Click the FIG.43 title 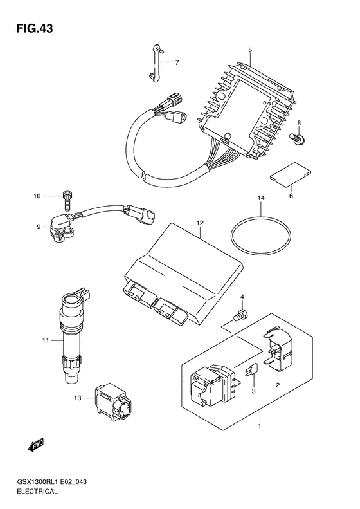(35, 28)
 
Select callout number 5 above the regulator (250, 50)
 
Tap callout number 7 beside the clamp (177, 62)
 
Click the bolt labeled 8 (296, 138)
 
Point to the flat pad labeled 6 (291, 175)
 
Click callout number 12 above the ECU (200, 223)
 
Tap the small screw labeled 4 (240, 315)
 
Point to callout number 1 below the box (259, 426)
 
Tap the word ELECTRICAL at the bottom (37, 491)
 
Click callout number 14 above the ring (261, 198)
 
